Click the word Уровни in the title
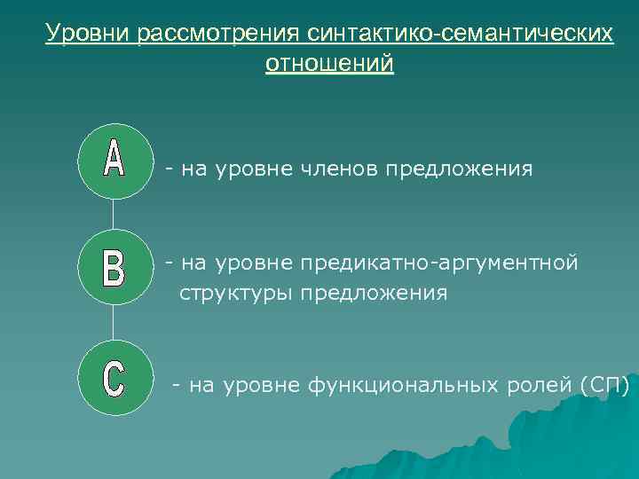[x=83, y=34]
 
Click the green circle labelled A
[x=114, y=161]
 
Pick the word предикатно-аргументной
[x=439, y=263]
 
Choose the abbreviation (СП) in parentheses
[x=603, y=386]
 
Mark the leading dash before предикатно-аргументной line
[x=168, y=263]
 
